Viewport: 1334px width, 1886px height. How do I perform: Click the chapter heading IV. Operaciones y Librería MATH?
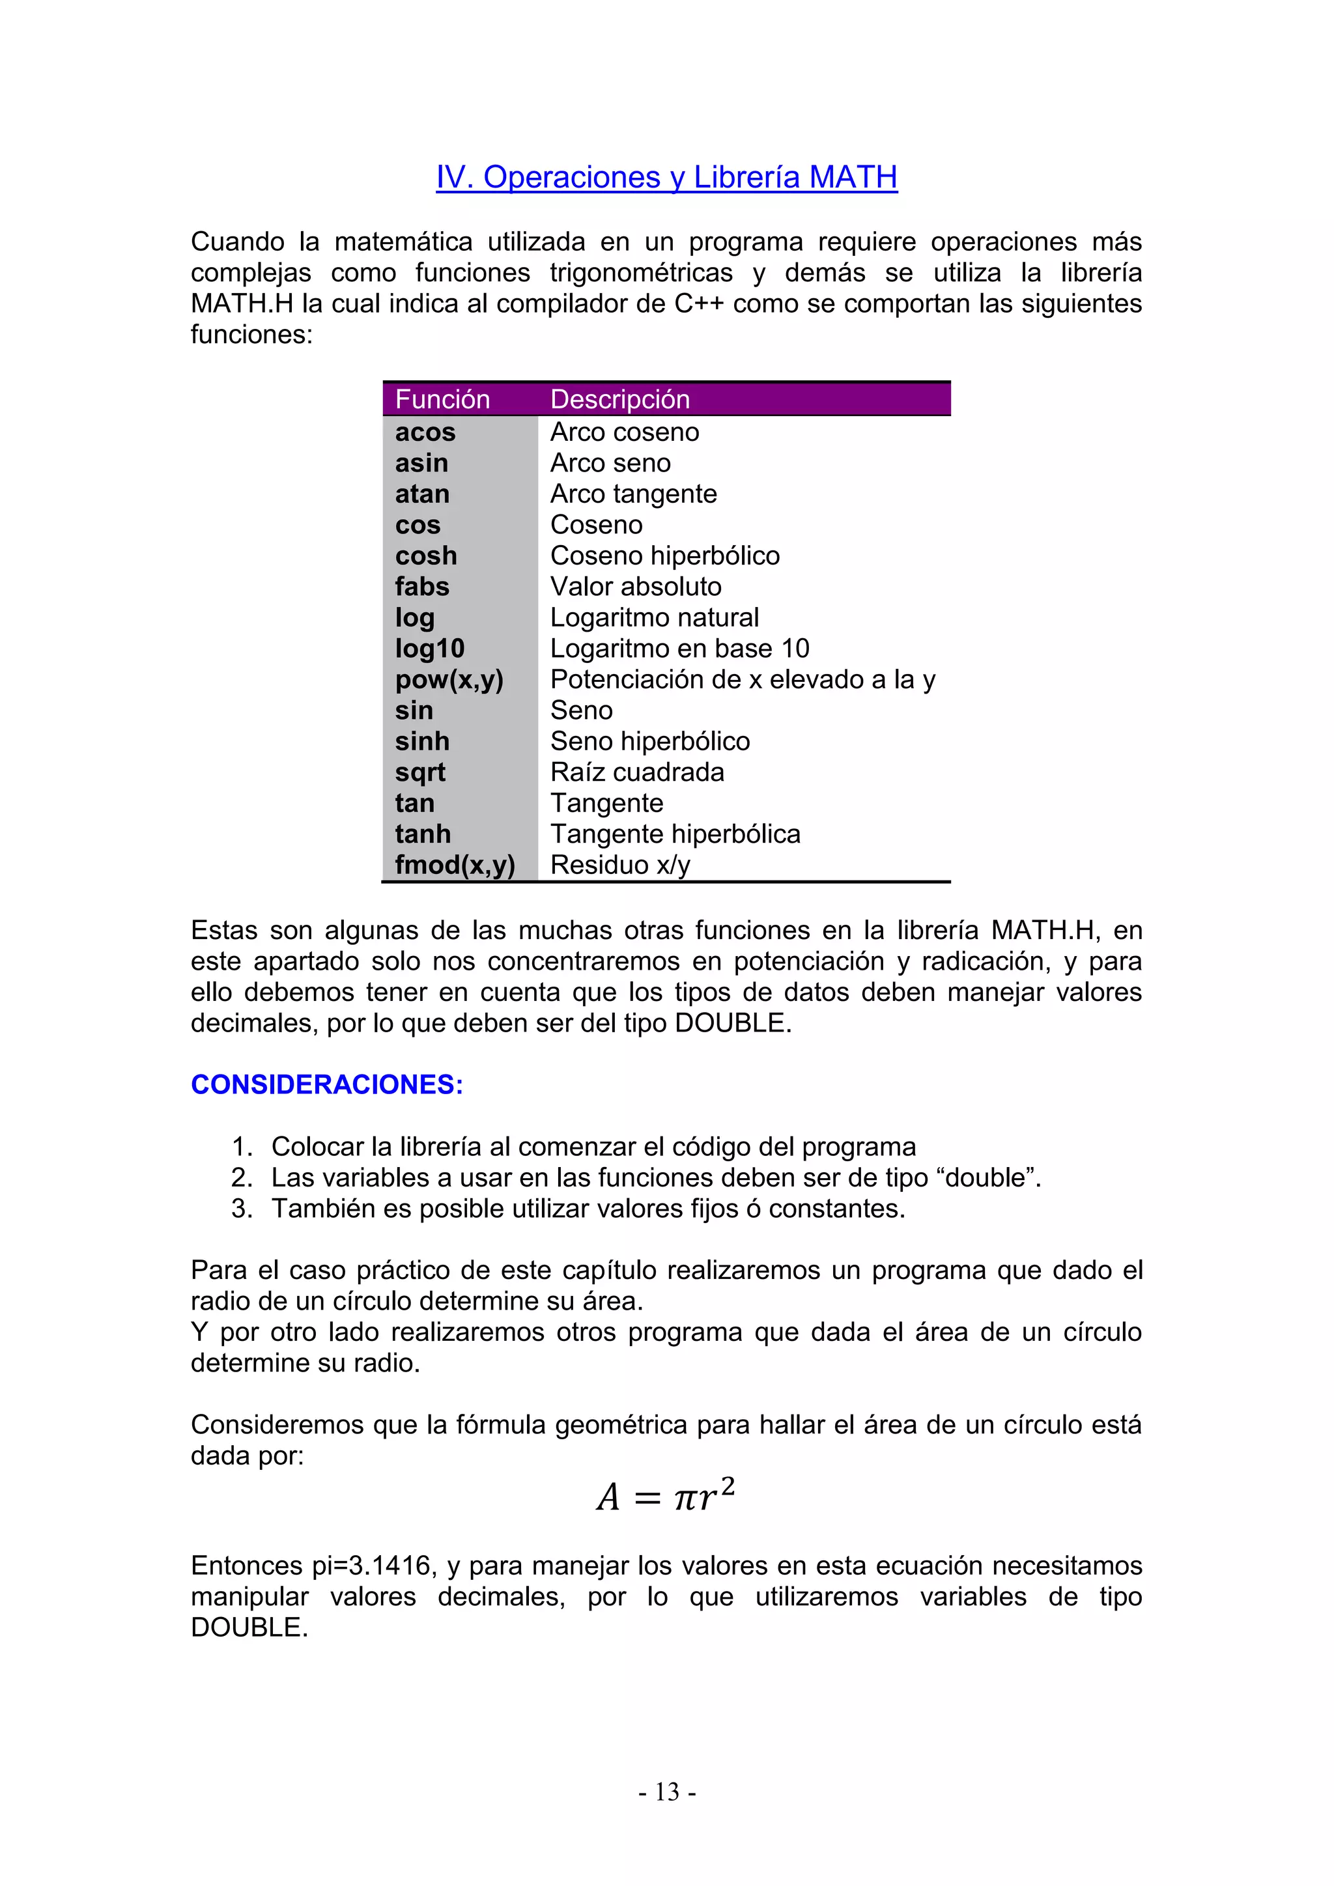pyautogui.click(x=666, y=177)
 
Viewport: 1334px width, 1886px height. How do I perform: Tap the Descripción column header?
pyautogui.click(x=619, y=399)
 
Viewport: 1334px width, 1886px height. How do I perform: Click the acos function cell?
pyautogui.click(x=425, y=432)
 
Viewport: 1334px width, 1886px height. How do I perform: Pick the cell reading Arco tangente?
pyautogui.click(x=633, y=494)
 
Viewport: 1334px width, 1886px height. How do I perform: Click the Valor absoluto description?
pyautogui.click(x=636, y=587)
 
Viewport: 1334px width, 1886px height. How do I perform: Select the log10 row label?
pyautogui.click(x=430, y=648)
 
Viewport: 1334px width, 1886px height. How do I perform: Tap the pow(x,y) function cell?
pyautogui.click(x=449, y=679)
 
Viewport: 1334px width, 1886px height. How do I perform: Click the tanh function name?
pyautogui.click(x=422, y=834)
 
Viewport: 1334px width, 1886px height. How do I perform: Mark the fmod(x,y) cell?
pyautogui.click(x=454, y=865)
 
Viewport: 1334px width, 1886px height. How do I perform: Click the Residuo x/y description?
pyautogui.click(x=620, y=865)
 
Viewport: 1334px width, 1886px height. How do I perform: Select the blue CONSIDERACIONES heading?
pyautogui.click(x=327, y=1084)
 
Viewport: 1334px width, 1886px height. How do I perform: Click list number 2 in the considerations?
pyautogui.click(x=242, y=1178)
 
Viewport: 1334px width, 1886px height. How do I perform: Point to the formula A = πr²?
pyautogui.click(x=665, y=1495)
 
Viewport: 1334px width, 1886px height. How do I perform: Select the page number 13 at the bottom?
pyautogui.click(x=667, y=1792)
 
